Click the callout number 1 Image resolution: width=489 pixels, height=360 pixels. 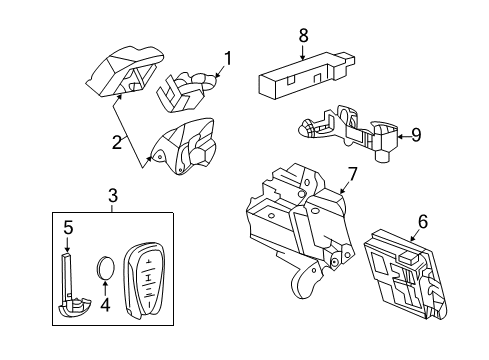(227, 58)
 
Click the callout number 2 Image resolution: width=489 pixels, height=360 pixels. (118, 142)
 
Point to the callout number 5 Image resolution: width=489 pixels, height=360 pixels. (68, 227)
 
